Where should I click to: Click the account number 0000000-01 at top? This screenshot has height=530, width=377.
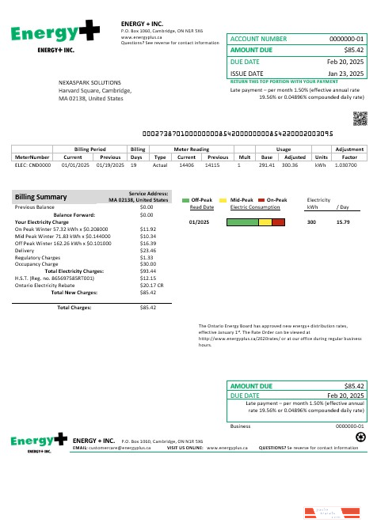click(x=346, y=38)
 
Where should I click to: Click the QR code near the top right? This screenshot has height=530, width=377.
click(x=360, y=119)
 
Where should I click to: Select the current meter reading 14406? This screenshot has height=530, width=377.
click(x=187, y=165)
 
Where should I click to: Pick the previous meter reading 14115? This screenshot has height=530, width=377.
click(x=212, y=165)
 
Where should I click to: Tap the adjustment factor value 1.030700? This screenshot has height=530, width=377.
click(x=346, y=165)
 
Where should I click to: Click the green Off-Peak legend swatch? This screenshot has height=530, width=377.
click(x=185, y=200)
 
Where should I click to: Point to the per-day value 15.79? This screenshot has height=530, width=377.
click(x=343, y=222)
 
